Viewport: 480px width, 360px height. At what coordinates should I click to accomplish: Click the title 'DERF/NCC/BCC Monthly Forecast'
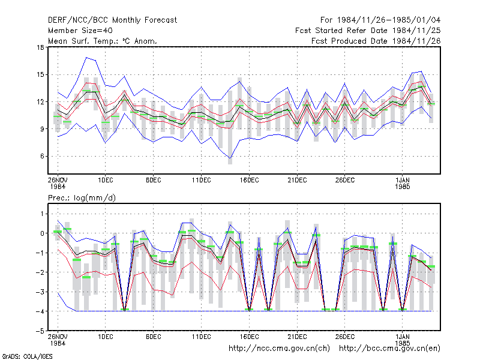point(112,20)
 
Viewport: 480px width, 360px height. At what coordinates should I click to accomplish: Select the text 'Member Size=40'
point(80,31)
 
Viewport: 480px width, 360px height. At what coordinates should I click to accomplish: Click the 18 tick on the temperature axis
point(40,47)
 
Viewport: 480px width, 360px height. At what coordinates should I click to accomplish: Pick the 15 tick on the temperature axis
point(40,74)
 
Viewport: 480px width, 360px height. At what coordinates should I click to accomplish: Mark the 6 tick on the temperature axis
point(42,156)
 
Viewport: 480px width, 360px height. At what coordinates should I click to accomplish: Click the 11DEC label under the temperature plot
point(202,181)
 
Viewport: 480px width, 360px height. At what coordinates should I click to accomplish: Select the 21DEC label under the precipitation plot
point(297,337)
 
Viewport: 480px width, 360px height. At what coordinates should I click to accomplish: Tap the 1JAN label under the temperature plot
point(402,181)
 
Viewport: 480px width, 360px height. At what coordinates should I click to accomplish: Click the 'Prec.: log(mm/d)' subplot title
point(82,198)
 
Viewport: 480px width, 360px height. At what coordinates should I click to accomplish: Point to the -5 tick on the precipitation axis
point(40,331)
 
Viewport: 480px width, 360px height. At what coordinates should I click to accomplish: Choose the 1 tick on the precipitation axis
point(42,214)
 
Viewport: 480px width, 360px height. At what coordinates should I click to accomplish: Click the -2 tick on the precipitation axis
point(40,272)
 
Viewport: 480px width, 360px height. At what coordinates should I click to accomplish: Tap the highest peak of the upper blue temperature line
point(86,57)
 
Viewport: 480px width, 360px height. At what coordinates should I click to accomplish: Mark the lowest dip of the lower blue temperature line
point(230,158)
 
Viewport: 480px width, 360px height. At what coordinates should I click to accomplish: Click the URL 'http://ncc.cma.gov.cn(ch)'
point(279,349)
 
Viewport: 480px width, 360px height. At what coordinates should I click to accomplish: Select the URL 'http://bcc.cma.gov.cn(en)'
point(389,349)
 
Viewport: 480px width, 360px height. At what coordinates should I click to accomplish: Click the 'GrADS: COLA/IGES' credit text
point(27,356)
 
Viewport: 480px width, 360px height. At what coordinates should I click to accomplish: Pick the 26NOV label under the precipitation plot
point(58,337)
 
